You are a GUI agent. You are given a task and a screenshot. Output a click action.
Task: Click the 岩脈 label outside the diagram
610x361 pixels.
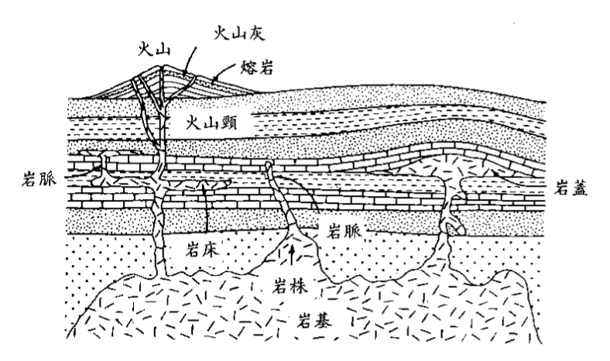point(36,184)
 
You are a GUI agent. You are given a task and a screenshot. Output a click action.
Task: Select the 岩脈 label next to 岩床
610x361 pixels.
point(346,231)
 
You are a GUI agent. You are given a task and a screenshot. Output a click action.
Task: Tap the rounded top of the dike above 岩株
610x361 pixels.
point(269,166)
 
